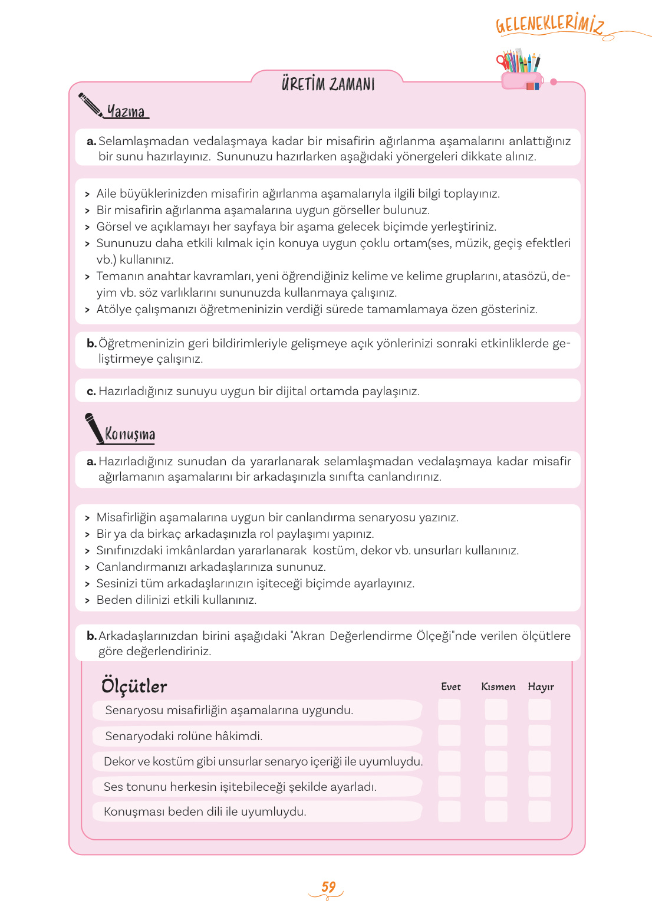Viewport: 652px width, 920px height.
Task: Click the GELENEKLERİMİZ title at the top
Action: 549,24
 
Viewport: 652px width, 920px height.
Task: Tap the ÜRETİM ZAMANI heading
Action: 328,84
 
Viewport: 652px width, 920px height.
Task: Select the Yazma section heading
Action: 126,111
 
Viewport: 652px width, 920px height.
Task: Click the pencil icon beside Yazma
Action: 90,104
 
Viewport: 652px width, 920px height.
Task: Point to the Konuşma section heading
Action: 130,434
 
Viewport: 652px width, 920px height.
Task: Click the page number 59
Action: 328,887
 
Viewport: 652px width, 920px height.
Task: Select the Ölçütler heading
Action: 134,686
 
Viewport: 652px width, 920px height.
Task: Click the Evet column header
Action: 450,686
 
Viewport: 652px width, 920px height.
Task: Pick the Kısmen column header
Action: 498,686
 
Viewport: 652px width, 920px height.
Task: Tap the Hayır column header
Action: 541,686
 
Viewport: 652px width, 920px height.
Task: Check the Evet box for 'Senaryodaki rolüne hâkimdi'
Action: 449,735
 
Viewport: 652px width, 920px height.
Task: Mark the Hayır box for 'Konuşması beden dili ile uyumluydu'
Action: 539,811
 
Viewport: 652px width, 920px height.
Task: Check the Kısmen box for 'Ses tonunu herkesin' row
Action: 496,786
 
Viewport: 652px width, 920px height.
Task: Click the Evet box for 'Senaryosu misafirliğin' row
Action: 449,709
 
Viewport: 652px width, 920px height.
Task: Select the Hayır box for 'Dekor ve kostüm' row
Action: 539,761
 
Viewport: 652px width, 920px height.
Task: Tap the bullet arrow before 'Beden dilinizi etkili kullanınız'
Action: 87,600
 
